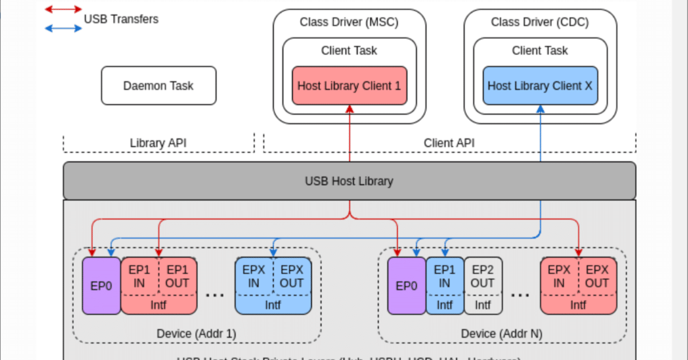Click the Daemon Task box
(x=159, y=85)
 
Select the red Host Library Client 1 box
(x=349, y=85)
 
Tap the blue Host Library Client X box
(x=540, y=85)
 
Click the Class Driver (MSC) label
(x=349, y=22)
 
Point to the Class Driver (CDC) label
(x=540, y=22)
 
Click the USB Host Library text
(x=349, y=181)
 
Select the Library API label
(x=158, y=143)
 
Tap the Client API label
(x=449, y=143)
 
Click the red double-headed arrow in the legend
(x=63, y=9)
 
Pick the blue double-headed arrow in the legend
(x=63, y=28)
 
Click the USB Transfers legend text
(x=121, y=19)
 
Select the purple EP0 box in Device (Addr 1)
(x=101, y=286)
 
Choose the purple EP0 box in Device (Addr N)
(x=406, y=286)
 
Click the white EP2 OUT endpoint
(x=483, y=276)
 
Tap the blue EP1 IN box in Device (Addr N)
(x=445, y=276)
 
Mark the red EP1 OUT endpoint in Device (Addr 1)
(x=177, y=276)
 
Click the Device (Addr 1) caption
(x=196, y=334)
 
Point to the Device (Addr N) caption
(x=501, y=334)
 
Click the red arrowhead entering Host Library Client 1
(x=349, y=109)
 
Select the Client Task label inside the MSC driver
(x=349, y=51)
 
